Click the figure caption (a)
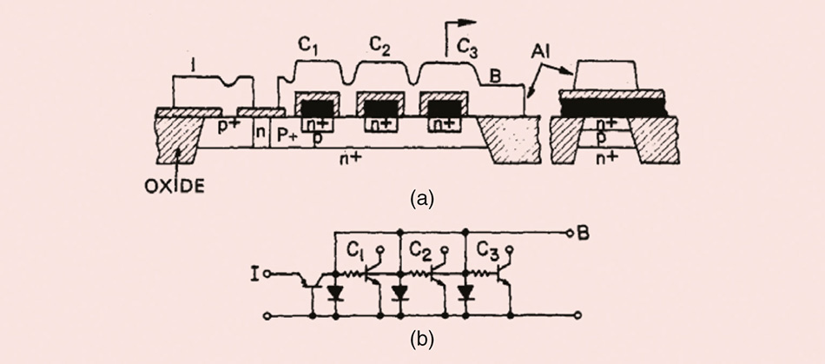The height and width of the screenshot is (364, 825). coord(421,199)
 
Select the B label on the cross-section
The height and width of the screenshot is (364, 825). coord(494,78)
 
